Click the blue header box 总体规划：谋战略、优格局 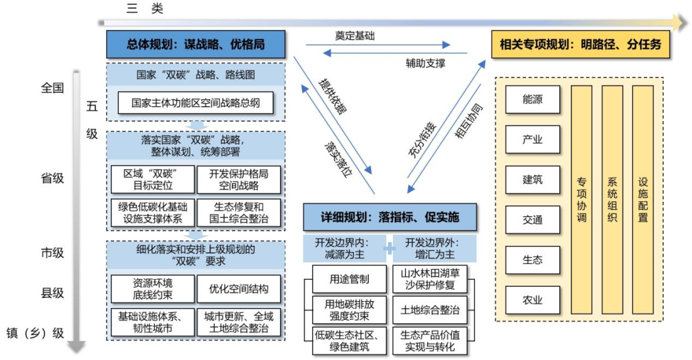tap(195, 45)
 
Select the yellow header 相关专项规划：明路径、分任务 tap(581, 45)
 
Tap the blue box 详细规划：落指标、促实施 tap(390, 217)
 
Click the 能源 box tap(532, 100)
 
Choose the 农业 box tap(532, 299)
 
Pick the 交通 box tap(532, 220)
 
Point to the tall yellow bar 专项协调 tap(582, 200)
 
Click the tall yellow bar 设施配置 tap(643, 200)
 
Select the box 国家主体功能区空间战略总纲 tap(195, 102)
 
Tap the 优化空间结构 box tap(239, 288)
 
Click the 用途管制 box tap(350, 279)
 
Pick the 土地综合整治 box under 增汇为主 tap(430, 310)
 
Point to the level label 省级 tap(53, 179)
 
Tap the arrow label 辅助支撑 tap(425, 63)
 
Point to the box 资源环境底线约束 tap(152, 288)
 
